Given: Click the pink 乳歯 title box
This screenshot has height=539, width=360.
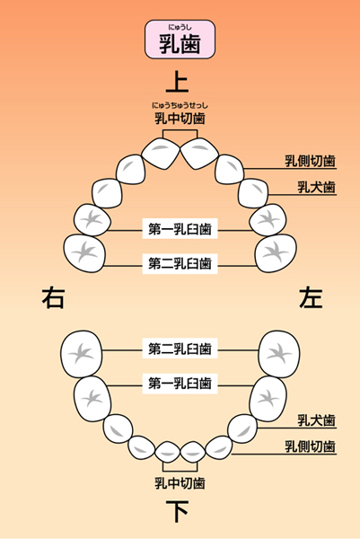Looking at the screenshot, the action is pyautogui.click(x=180, y=40).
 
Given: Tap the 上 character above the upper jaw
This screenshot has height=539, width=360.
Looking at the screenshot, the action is pyautogui.click(x=177, y=82).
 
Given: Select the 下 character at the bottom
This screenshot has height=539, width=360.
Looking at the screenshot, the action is pyautogui.click(x=177, y=511).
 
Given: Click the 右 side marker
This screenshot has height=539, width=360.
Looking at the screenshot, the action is pyautogui.click(x=54, y=297).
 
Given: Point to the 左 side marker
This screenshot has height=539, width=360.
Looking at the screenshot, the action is pyautogui.click(x=311, y=297).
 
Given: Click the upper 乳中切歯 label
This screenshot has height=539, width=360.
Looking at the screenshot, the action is pyautogui.click(x=180, y=118).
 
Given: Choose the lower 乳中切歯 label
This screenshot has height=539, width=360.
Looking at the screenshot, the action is pyautogui.click(x=180, y=483).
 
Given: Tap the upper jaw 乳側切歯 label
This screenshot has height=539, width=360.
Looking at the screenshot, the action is pyautogui.click(x=310, y=161).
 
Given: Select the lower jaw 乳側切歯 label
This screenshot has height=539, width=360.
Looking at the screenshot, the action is pyautogui.click(x=310, y=446).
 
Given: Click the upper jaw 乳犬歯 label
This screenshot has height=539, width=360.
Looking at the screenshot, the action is pyautogui.click(x=316, y=188).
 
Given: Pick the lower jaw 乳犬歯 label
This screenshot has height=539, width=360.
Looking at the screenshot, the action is pyautogui.click(x=316, y=420).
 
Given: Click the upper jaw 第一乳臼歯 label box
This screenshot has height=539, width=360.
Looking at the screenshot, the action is pyautogui.click(x=180, y=228).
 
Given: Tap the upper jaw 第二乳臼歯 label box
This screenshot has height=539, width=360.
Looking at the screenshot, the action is pyautogui.click(x=180, y=263).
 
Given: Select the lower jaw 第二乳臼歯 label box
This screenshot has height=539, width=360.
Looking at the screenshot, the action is pyautogui.click(x=180, y=349).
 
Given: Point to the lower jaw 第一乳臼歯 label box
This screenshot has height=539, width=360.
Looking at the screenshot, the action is pyautogui.click(x=180, y=384).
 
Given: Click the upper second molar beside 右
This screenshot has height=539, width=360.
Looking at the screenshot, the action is pyautogui.click(x=84, y=253).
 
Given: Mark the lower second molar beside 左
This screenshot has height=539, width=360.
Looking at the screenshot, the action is pyautogui.click(x=279, y=354).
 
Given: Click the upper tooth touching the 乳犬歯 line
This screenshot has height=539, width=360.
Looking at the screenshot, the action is pyautogui.click(x=253, y=193).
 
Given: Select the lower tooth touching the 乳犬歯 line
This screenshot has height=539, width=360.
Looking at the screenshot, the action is pyautogui.click(x=242, y=429).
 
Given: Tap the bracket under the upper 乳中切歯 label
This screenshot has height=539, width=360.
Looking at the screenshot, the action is pyautogui.click(x=180, y=130).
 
